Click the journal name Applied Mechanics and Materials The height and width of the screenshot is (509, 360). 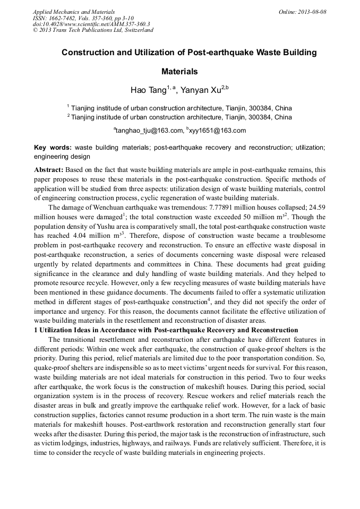(74, 11)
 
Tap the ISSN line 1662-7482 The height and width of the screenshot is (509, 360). (83, 18)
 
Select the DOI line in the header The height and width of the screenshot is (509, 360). (92, 24)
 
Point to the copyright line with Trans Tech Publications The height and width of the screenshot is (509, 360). (93, 30)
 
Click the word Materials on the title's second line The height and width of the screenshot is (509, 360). (179, 71)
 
